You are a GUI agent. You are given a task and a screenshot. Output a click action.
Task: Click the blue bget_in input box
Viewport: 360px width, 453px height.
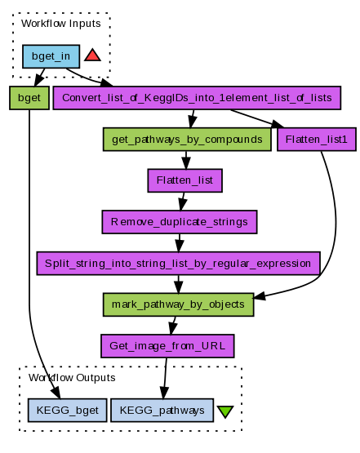point(51,56)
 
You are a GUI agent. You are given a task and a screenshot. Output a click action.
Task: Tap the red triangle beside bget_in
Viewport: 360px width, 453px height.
point(92,56)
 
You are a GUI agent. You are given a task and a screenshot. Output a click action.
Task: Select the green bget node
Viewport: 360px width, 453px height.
point(29,98)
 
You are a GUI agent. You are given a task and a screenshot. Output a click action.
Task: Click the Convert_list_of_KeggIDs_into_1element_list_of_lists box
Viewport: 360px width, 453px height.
point(197,98)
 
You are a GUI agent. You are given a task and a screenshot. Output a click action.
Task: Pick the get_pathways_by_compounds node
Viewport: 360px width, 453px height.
point(187,140)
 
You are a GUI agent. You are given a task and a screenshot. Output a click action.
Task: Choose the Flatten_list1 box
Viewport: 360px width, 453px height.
point(317,140)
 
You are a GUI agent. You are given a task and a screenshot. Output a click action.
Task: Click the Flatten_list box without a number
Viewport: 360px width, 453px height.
point(185,180)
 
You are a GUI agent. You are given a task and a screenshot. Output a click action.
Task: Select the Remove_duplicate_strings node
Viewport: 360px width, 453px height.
point(180,222)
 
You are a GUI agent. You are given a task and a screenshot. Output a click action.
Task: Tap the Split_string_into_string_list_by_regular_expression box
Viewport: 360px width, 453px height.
point(178,263)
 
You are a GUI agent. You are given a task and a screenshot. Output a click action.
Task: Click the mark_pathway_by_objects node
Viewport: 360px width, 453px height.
point(178,304)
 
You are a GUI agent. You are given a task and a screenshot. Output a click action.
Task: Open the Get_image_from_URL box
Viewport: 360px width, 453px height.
point(167,346)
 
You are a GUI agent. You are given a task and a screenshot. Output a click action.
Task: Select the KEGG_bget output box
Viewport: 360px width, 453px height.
point(67,411)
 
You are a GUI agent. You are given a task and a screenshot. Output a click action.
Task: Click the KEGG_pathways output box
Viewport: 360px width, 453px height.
point(162,411)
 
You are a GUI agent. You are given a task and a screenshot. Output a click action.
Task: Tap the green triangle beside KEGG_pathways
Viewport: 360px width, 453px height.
point(225,411)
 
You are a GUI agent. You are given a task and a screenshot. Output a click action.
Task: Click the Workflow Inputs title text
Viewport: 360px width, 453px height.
point(61,24)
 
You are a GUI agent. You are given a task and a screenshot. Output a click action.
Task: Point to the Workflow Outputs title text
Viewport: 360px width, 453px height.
point(72,378)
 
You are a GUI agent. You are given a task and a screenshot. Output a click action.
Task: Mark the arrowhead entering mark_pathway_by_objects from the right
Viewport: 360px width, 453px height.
point(259,295)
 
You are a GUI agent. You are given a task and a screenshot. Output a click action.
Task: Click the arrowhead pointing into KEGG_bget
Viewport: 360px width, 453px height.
point(56,393)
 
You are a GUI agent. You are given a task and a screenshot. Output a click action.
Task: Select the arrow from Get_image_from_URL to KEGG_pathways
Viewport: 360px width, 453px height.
point(165,378)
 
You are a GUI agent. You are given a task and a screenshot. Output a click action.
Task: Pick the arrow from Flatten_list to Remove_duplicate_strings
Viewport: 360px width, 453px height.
point(183,202)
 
